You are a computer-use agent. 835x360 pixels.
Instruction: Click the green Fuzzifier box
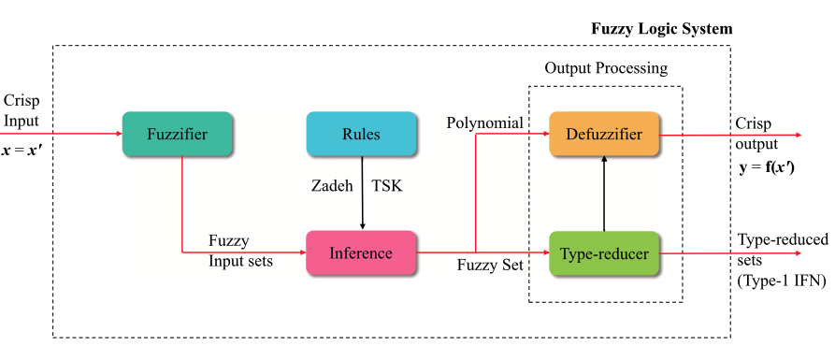click(x=177, y=134)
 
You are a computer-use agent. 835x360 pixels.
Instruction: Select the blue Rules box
click(x=361, y=134)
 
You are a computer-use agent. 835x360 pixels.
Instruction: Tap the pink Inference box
click(x=361, y=252)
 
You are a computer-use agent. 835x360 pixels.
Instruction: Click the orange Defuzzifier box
click(x=604, y=134)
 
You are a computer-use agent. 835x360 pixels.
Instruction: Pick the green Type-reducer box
click(x=604, y=252)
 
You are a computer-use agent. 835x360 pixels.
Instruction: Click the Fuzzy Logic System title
click(x=661, y=29)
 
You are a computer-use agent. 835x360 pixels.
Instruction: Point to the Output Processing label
click(x=606, y=68)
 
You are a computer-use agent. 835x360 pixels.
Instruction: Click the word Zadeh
click(x=332, y=186)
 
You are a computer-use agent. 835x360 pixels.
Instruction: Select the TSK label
click(x=387, y=186)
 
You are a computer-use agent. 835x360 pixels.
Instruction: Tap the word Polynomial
click(x=484, y=123)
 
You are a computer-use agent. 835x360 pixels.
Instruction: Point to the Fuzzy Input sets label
click(x=240, y=251)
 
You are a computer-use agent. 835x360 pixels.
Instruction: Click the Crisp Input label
click(x=22, y=110)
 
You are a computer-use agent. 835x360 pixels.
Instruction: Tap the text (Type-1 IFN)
click(x=781, y=278)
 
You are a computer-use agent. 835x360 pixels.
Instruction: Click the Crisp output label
click(x=755, y=134)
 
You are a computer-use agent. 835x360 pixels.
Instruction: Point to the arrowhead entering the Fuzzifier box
click(x=117, y=134)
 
